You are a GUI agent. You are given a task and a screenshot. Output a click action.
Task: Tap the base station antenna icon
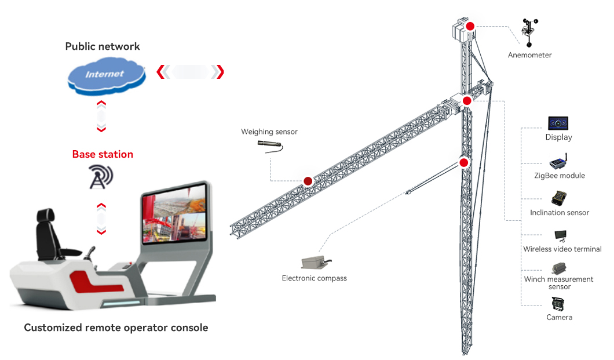click(x=101, y=177)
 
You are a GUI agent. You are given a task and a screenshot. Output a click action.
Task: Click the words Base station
click(x=103, y=154)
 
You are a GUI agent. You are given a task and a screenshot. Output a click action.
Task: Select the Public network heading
click(x=103, y=46)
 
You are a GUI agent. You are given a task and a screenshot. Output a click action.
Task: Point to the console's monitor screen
click(x=173, y=214)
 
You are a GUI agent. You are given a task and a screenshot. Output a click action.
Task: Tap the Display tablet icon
click(x=558, y=123)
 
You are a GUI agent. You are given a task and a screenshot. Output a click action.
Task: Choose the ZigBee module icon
click(x=558, y=161)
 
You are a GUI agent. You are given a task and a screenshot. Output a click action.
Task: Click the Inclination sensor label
click(x=560, y=213)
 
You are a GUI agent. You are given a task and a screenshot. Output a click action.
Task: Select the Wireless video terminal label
click(x=562, y=249)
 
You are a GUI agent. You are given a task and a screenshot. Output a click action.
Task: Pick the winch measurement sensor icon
click(x=559, y=268)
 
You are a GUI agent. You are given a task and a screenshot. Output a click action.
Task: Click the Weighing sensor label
click(x=269, y=132)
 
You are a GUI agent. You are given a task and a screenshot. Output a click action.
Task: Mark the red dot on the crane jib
click(x=308, y=181)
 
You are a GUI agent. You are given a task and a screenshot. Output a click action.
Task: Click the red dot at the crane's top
click(x=470, y=26)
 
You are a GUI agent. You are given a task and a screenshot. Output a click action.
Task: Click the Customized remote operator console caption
click(x=116, y=328)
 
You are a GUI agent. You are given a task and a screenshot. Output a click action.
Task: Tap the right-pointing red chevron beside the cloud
click(x=218, y=72)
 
